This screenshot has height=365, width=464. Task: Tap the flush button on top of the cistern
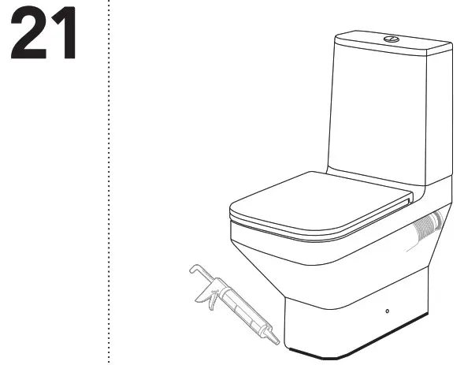click(390, 38)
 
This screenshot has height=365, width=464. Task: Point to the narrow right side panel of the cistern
click(438, 118)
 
